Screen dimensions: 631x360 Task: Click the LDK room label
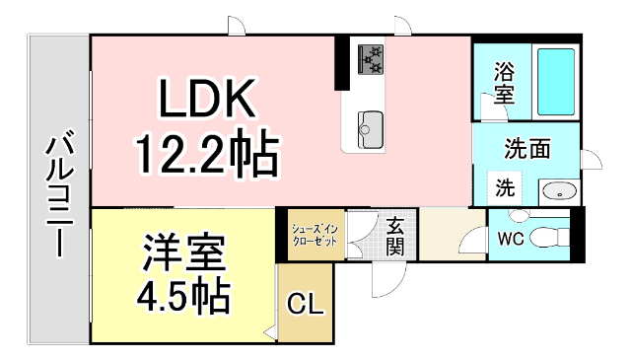209,99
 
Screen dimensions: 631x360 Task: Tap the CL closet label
305,306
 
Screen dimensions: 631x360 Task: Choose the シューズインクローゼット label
315,236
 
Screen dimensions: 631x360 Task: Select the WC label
511,238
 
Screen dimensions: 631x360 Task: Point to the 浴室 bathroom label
504,84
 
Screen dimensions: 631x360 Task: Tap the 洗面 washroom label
527,150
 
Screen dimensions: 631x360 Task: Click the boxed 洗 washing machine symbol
504,187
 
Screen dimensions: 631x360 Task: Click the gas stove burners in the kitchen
370,58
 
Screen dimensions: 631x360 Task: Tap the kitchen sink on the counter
371,125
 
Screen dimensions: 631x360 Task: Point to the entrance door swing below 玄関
385,280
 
